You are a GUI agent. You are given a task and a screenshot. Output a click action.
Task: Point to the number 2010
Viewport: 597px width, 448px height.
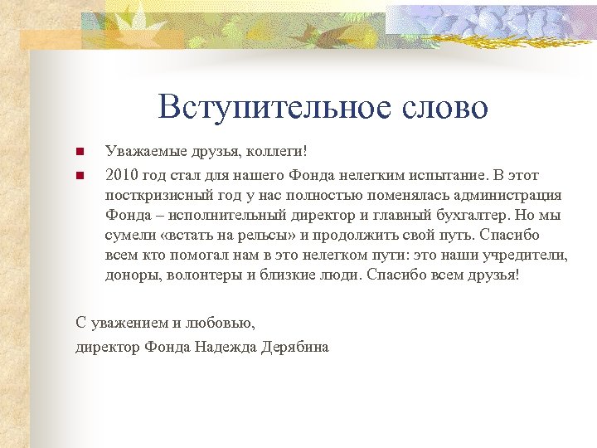click(x=123, y=175)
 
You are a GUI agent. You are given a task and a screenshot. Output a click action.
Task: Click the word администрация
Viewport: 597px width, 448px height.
click(x=507, y=196)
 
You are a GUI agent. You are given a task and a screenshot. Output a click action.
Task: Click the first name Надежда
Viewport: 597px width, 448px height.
click(x=229, y=346)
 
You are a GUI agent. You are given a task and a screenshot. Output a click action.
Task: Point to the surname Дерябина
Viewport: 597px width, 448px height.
click(x=297, y=346)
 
